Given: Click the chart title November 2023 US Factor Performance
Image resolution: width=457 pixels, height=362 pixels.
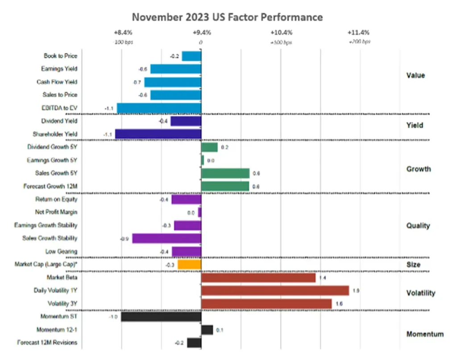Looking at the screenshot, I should [228, 17].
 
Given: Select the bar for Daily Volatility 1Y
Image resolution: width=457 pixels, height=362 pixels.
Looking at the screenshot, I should [275, 291].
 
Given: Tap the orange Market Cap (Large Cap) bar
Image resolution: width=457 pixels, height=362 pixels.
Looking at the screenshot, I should [189, 265].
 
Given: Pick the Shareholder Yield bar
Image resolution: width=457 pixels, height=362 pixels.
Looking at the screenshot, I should [158, 134].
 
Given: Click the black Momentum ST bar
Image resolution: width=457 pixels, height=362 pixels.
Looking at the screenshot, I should [161, 317].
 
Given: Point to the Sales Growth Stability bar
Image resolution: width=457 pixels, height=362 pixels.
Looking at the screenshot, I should [166, 238].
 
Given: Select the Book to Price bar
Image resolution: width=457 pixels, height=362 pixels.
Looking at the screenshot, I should [191, 56].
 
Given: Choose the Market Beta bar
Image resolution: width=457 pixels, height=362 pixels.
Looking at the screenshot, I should [258, 278].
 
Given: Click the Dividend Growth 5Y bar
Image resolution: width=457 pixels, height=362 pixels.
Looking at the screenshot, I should [209, 147].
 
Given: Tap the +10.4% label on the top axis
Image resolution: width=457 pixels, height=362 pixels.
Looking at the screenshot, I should [282, 33].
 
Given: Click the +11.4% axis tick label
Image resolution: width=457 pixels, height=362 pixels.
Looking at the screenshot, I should [358, 33].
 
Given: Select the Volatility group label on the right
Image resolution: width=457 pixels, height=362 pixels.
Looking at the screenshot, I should [420, 293].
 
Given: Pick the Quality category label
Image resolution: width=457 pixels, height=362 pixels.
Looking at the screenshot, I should [418, 226].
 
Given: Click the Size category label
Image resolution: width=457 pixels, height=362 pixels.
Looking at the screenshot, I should [414, 265].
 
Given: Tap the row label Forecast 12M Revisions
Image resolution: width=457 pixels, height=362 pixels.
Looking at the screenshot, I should [47, 343].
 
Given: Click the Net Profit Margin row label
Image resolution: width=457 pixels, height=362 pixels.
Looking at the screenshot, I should [56, 212].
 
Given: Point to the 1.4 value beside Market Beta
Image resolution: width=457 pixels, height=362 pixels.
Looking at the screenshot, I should [324, 278].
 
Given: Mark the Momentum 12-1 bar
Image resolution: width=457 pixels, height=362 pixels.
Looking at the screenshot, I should [207, 330].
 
